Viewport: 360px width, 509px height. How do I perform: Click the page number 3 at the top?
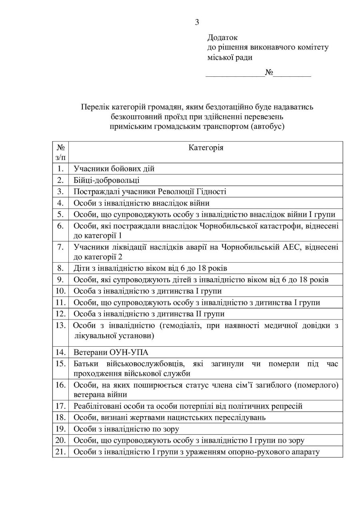197,22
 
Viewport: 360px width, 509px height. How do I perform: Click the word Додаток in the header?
222,38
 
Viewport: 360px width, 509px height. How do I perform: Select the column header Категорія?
206,148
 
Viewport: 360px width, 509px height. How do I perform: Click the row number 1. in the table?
61,169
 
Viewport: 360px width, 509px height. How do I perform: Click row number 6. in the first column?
61,226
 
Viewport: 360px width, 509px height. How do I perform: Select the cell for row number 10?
61,291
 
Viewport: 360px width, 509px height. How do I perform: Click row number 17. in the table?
61,406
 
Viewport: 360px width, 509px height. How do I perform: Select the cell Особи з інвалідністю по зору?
126,429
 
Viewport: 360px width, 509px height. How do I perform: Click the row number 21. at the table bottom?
61,452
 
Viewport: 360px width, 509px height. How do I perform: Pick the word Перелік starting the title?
94,107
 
